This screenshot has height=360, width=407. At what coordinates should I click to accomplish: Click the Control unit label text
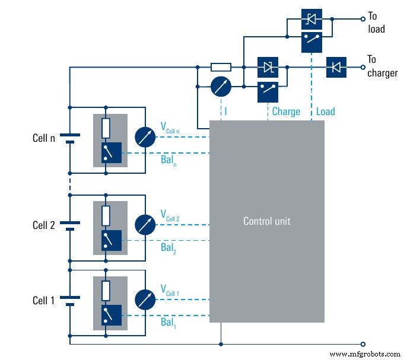(267, 221)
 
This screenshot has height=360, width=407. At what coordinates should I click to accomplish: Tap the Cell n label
(44, 138)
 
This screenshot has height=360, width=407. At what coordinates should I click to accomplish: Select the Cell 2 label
(44, 225)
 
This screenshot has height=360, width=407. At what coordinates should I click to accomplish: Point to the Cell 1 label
(44, 301)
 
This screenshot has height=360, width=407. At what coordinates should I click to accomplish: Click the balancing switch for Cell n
(111, 153)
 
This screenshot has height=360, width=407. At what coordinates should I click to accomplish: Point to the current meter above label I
(221, 88)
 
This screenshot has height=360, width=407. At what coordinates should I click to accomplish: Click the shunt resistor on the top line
(221, 68)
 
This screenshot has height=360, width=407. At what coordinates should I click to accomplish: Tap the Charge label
(286, 111)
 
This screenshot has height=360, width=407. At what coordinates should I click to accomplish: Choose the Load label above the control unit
(325, 111)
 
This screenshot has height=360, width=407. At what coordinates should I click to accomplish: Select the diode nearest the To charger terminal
(337, 68)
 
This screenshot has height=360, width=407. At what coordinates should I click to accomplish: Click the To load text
(376, 23)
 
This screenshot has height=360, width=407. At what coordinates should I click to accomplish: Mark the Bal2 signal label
(168, 248)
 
